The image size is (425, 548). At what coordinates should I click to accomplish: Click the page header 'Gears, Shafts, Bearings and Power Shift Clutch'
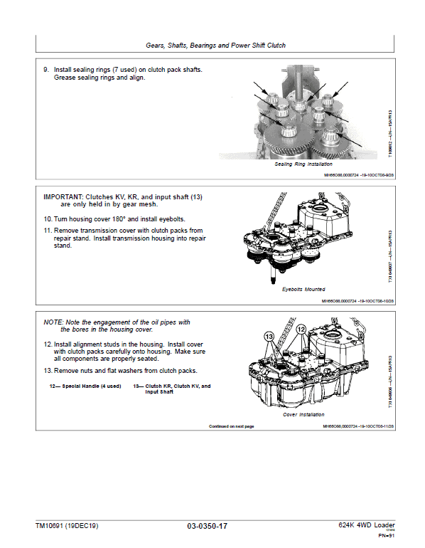(215, 45)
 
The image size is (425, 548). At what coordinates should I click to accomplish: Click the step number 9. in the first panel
(47, 70)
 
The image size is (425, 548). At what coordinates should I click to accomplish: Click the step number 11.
(48, 231)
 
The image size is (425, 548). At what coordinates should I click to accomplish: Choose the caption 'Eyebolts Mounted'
(303, 290)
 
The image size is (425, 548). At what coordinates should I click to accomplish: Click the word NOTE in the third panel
(54, 322)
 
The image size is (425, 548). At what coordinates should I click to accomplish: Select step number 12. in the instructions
(48, 344)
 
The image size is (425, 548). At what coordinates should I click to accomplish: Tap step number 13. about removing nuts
(48, 371)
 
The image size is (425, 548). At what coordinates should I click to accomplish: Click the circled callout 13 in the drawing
(269, 335)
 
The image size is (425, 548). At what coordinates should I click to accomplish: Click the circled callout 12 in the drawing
(301, 330)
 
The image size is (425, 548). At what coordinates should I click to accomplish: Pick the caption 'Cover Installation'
(303, 414)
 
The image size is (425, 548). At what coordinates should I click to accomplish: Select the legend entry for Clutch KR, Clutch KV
(172, 389)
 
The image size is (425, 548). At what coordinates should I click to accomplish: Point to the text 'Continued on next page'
(231, 426)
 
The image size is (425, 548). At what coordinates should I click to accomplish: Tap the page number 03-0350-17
(208, 527)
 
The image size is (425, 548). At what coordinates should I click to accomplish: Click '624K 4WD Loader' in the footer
(363, 525)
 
